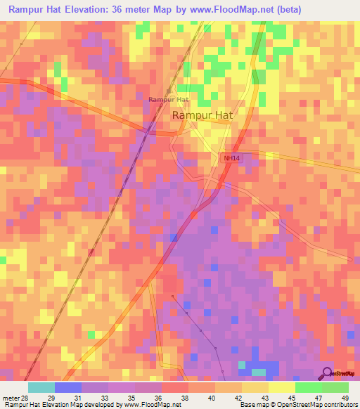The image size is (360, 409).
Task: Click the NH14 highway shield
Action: pos(231,158)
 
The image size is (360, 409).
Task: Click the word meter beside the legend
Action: pos(10,397)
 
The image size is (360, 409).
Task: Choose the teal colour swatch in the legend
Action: pos(41,387)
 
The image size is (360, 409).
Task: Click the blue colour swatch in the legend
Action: pos(67,387)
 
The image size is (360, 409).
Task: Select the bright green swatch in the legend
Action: pos(308,387)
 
